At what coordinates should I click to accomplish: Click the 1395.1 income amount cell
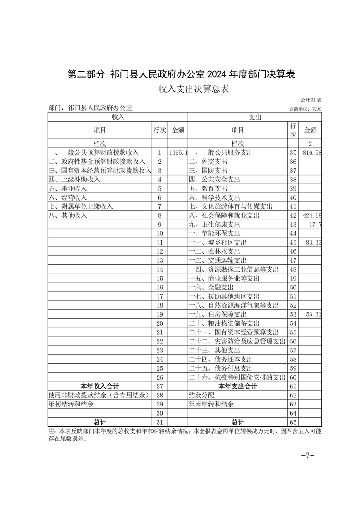pos(178,153)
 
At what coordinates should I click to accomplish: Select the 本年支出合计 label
pos(238,386)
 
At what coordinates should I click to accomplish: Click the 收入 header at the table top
pos(118,117)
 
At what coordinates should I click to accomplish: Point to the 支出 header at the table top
pos(255,117)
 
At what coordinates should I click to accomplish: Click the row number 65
pos(292,422)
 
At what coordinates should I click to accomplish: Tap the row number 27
pos(159,386)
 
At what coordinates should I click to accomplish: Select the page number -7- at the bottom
pos(308,455)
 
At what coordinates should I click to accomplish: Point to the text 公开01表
pos(311,100)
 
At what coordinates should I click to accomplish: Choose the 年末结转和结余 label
pos(212,404)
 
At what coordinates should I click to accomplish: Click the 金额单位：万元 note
pos(305,109)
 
